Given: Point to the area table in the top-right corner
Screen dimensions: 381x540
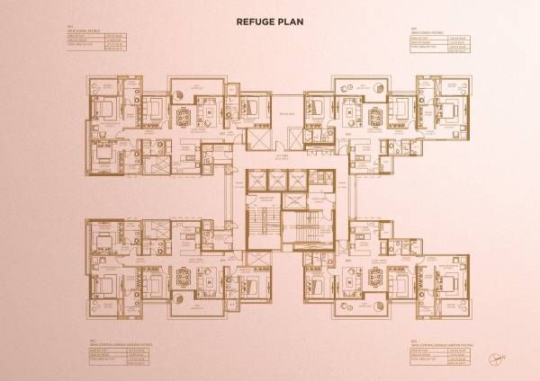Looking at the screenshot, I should click(x=442, y=46).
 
